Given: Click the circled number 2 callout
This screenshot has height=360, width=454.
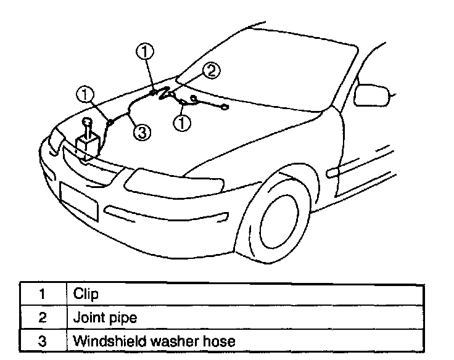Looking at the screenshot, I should [210, 71].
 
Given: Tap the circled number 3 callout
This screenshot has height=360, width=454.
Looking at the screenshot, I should [142, 132].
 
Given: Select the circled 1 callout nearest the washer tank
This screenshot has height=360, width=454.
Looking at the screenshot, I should [85, 94].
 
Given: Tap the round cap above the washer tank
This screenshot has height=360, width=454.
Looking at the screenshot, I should [87, 121].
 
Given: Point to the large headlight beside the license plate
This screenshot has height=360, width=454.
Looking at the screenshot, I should [155, 181].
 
